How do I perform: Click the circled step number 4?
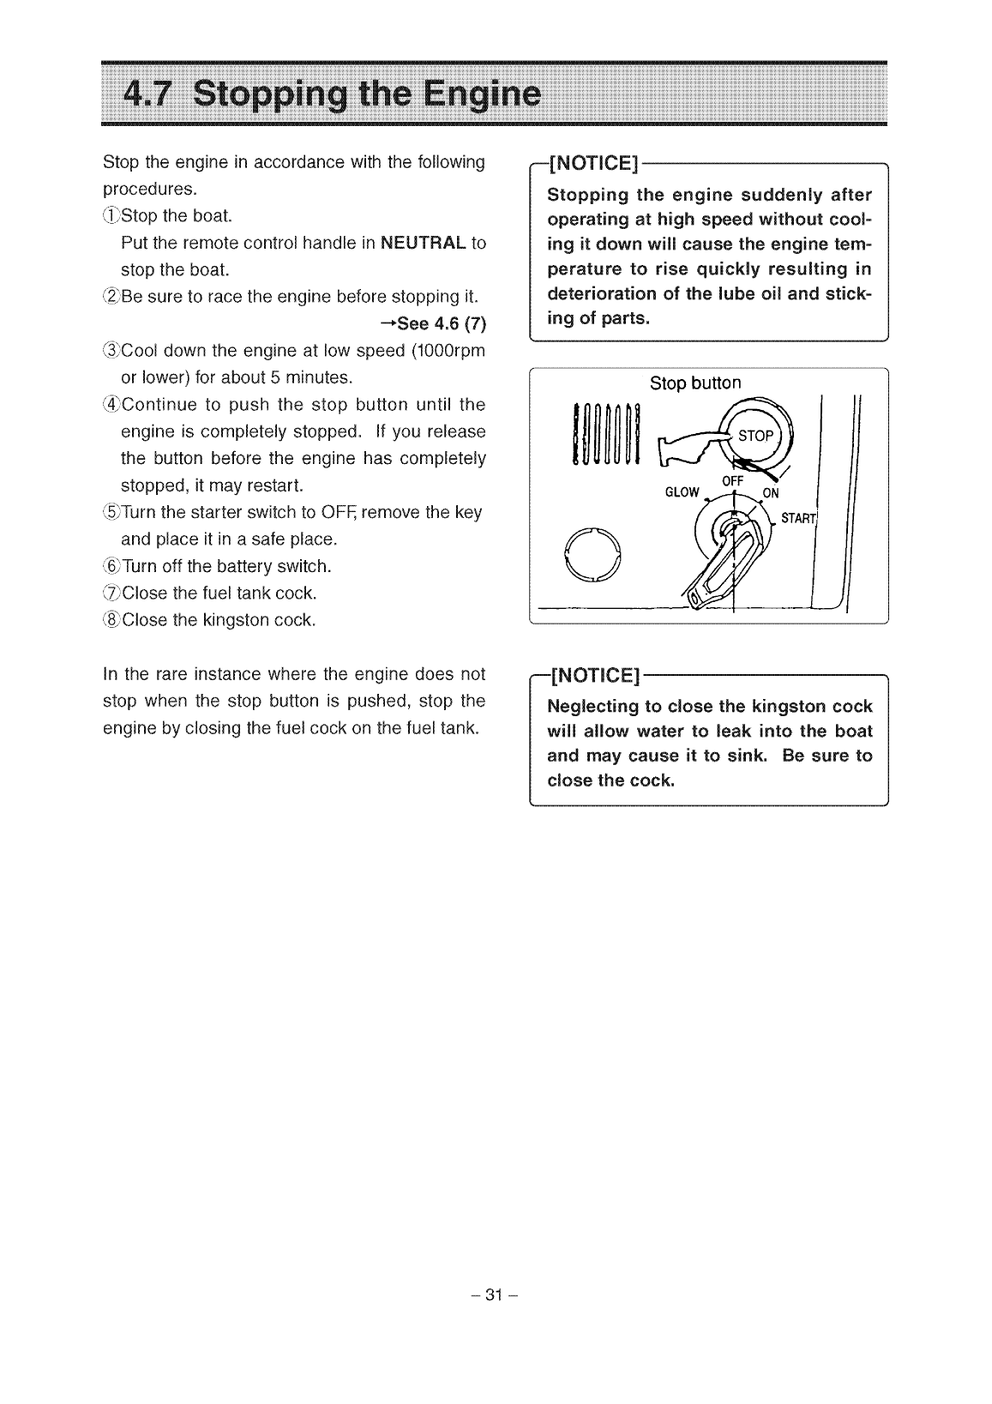coord(111,405)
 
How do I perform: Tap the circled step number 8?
coord(111,620)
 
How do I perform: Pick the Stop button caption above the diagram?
coord(694,383)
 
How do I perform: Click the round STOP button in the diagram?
coord(756,436)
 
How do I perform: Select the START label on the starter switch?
coord(796,519)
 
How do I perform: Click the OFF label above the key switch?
coord(731,481)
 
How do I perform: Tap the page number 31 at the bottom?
coord(495,1294)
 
